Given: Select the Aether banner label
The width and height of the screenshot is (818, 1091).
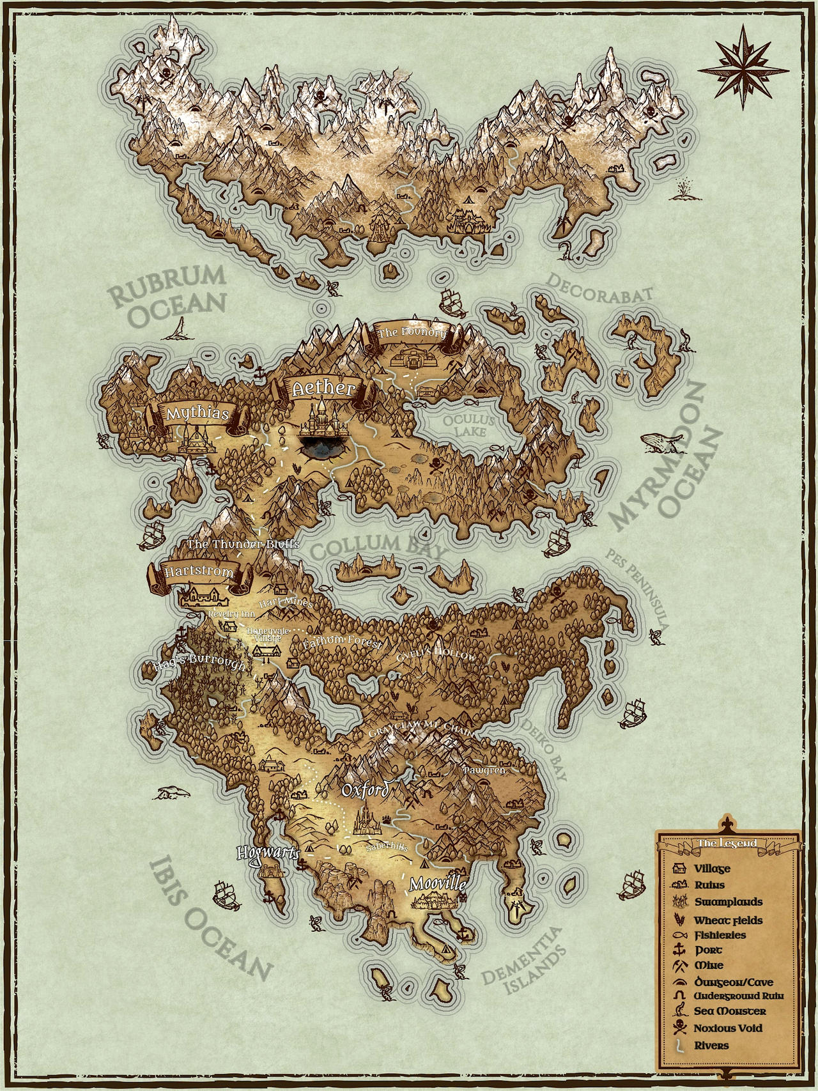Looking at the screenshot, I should coord(323,389).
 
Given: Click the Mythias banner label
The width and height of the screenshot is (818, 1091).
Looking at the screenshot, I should coord(197,414).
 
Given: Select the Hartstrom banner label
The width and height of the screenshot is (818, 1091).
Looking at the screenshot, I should coord(199,572).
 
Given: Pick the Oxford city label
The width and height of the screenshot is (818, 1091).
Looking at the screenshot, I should coord(365,790).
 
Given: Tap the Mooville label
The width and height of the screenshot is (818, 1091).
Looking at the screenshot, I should coord(438,885).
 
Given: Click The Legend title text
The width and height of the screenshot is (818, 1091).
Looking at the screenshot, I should coord(727,843).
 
